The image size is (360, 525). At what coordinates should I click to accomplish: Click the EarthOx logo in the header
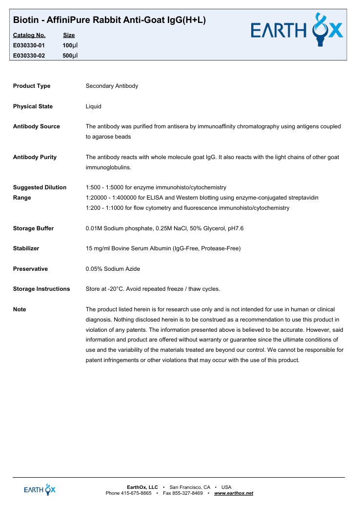pyautogui.click(x=297, y=30)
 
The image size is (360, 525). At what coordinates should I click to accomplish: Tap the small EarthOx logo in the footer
pyautogui.click(x=40, y=489)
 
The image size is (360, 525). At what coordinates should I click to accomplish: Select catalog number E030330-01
pyautogui.click(x=29, y=45)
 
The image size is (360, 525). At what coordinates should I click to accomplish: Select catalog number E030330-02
pyautogui.click(x=29, y=56)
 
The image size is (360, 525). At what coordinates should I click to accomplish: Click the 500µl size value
pyautogui.click(x=70, y=56)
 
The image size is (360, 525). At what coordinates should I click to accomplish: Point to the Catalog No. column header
pyautogui.click(x=29, y=35)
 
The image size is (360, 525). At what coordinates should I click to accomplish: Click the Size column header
pyautogui.click(x=69, y=35)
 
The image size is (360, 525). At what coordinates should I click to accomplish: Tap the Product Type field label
pyautogui.click(x=32, y=86)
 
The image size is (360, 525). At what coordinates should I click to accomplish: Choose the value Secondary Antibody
pyautogui.click(x=112, y=86)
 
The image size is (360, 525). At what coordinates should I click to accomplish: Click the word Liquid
pyautogui.click(x=94, y=106)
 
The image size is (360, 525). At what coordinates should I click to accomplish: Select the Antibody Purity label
pyautogui.click(x=35, y=157)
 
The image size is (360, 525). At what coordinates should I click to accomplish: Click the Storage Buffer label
pyautogui.click(x=33, y=228)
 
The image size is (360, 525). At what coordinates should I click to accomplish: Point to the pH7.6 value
pyautogui.click(x=235, y=228)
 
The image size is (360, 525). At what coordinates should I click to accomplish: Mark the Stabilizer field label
pyautogui.click(x=26, y=248)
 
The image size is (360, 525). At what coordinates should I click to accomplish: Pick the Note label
pyautogui.click(x=20, y=309)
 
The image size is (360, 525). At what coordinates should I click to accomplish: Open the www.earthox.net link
pyautogui.click(x=234, y=493)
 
